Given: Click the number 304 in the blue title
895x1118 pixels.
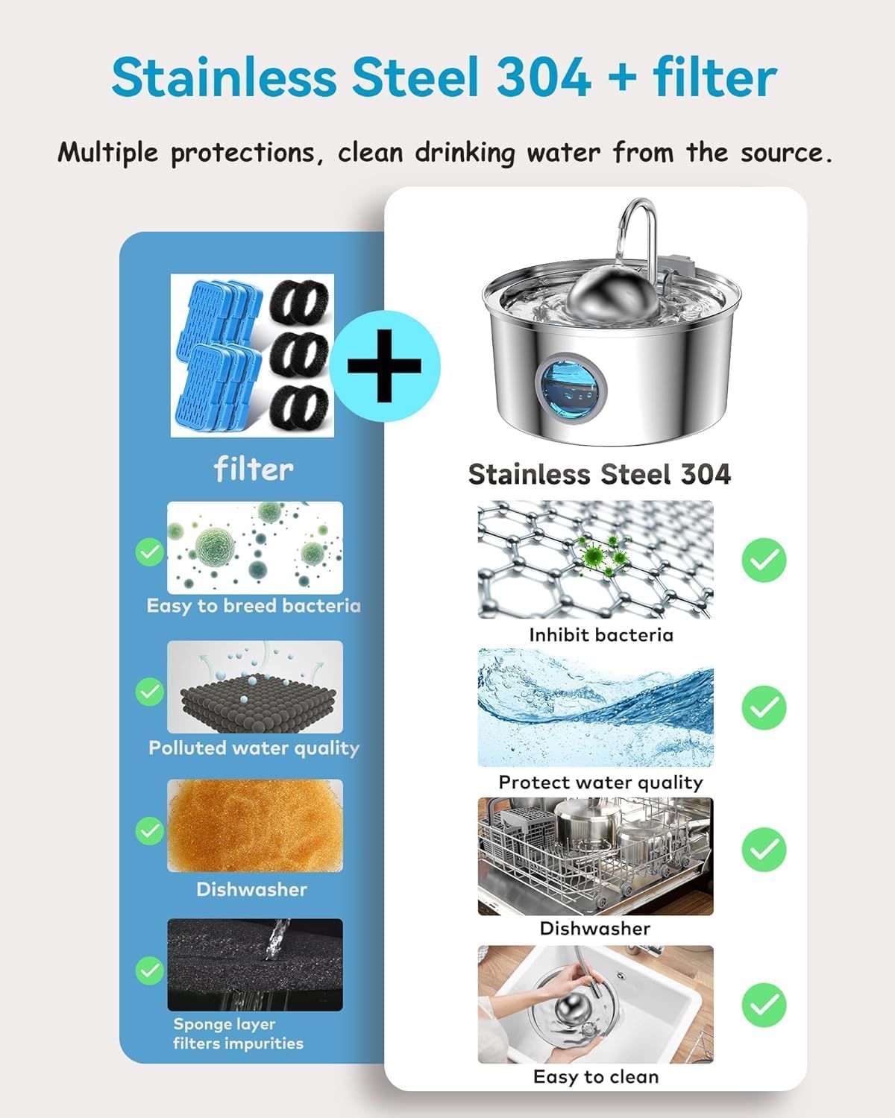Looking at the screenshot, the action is [544, 78].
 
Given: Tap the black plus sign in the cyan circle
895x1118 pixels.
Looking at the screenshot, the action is [384, 366].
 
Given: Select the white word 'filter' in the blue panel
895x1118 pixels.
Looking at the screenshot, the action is [254, 469].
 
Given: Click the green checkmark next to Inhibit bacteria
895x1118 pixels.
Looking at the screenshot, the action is [764, 560].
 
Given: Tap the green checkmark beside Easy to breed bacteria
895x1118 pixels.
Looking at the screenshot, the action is [150, 552].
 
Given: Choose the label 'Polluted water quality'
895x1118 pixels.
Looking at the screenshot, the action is [254, 748].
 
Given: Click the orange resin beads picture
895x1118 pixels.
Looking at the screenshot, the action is [255, 826].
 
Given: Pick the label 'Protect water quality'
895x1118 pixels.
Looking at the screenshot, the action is [600, 783].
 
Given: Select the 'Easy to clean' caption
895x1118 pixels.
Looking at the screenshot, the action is [596, 1077].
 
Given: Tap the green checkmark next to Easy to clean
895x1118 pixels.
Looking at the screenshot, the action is [764, 1005].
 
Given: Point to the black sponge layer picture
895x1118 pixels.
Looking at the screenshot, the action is [255, 964].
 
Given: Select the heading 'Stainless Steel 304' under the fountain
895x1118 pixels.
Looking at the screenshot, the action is [600, 474].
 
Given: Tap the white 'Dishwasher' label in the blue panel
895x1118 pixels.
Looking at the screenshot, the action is [251, 889].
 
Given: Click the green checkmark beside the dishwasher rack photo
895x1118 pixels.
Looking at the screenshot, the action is [764, 850].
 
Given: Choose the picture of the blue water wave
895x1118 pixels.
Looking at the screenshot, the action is [595, 707].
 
